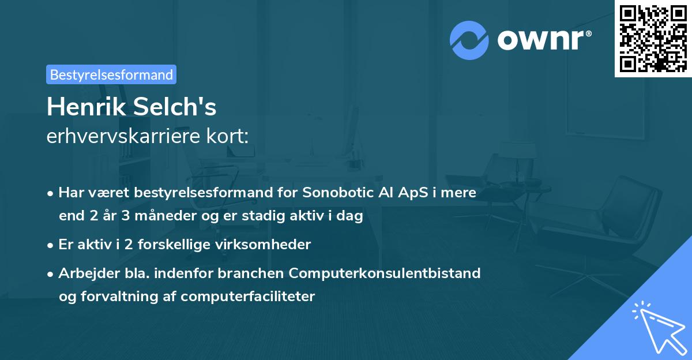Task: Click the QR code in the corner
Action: coord(653,39)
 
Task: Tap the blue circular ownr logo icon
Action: coord(469,40)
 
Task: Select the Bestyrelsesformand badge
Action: coord(111,74)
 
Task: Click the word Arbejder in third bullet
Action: coord(85,273)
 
